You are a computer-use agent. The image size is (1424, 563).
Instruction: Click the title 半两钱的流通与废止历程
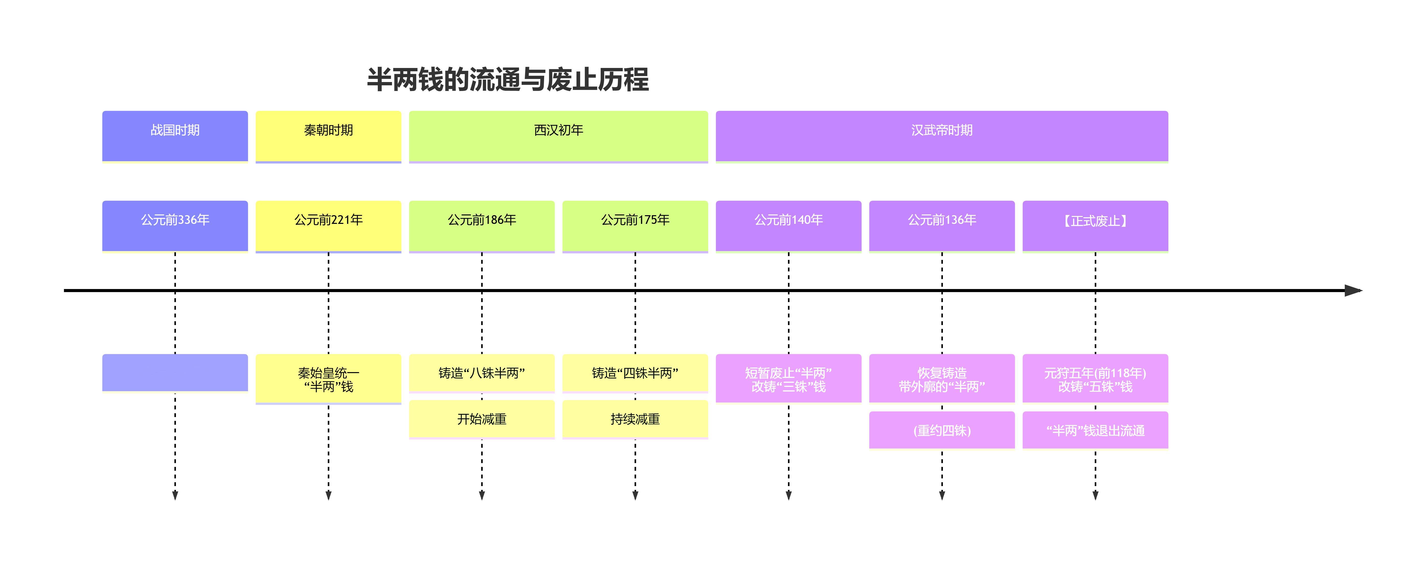[x=507, y=79]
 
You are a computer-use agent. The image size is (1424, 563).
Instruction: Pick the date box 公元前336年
[x=175, y=225]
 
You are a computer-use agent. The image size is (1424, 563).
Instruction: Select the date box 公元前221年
[x=328, y=225]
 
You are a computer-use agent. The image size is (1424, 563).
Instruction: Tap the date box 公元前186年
[x=481, y=225]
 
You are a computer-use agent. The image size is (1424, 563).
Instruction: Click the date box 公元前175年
[x=635, y=225]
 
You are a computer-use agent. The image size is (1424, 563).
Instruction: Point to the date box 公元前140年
[x=788, y=225]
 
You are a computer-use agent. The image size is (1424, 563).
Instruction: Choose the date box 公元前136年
[x=942, y=225]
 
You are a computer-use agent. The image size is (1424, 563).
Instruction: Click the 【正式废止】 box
[x=1095, y=225]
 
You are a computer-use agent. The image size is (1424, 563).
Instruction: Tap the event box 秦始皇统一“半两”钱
[x=328, y=379]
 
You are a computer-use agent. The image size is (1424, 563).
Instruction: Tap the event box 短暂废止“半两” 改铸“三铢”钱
[x=788, y=379]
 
